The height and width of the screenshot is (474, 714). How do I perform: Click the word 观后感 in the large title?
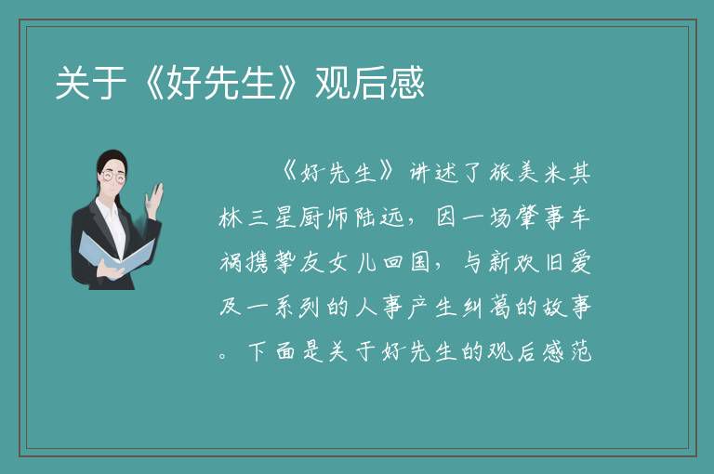pos(370,83)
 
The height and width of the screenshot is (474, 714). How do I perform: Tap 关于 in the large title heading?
pos(90,83)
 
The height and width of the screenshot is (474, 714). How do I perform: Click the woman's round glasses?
pos(112,176)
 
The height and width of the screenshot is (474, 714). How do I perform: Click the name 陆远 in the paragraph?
pos(380,217)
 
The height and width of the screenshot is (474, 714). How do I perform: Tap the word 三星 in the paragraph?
pos(271,217)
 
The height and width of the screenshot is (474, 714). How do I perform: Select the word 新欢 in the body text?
pos(513,262)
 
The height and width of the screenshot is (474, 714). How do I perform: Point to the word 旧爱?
pos(568,262)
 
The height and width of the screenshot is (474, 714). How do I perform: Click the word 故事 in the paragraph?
pos(567,307)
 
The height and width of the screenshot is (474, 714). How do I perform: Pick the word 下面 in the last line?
pos(271,351)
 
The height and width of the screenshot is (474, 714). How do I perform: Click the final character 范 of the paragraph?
pos(581,351)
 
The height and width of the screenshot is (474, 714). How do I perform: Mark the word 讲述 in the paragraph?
pos(433,173)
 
